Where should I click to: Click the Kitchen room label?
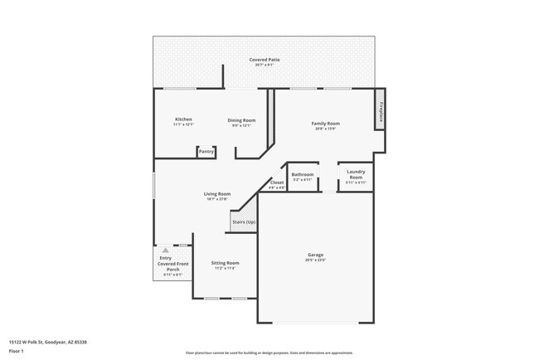tap(183, 119)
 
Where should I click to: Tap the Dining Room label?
tap(241, 120)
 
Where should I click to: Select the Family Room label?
tap(325, 124)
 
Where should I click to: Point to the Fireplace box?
tap(381, 111)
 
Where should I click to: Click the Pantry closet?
tap(206, 152)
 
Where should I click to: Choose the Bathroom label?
tap(303, 174)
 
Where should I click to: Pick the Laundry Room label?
tap(355, 175)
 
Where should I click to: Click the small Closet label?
tap(277, 182)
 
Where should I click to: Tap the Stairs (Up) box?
tap(243, 222)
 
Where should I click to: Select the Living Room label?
tap(216, 194)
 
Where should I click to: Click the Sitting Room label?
tap(225, 262)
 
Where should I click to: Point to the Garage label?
tap(315, 255)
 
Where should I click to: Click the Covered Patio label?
tap(265, 60)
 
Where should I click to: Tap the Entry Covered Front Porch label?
tap(172, 264)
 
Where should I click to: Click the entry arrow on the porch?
tap(166, 249)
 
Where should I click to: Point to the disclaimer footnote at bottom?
tap(269, 353)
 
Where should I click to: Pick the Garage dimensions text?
tap(315, 260)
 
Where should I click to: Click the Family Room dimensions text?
tap(325, 129)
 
